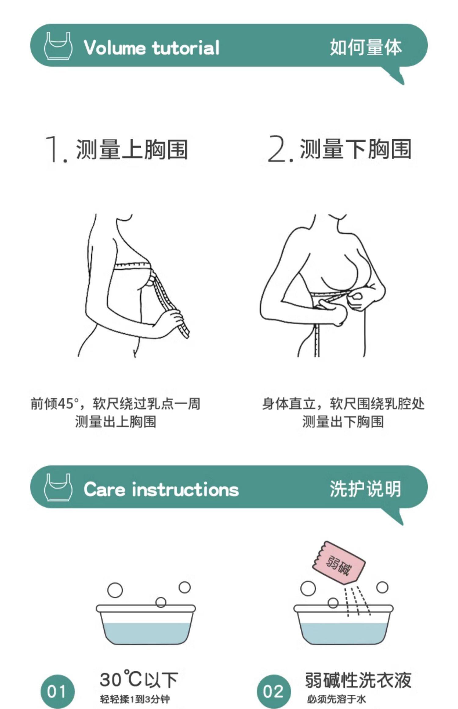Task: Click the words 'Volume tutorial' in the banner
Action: pyautogui.click(x=152, y=48)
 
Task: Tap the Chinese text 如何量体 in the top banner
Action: pyautogui.click(x=366, y=47)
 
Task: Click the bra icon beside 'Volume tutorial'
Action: pyautogui.click(x=58, y=45)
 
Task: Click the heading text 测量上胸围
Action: pyautogui.click(x=132, y=149)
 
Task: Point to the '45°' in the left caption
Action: pyautogui.click(x=66, y=404)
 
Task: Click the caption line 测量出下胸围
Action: pyautogui.click(x=343, y=422)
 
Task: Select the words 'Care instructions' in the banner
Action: pyautogui.click(x=161, y=489)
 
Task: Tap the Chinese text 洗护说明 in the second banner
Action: pyautogui.click(x=365, y=489)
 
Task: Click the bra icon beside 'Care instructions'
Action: pyautogui.click(x=58, y=487)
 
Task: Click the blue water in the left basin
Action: pyautogui.click(x=146, y=633)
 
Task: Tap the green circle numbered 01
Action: pyautogui.click(x=57, y=691)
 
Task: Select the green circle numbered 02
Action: pyautogui.click(x=274, y=691)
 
